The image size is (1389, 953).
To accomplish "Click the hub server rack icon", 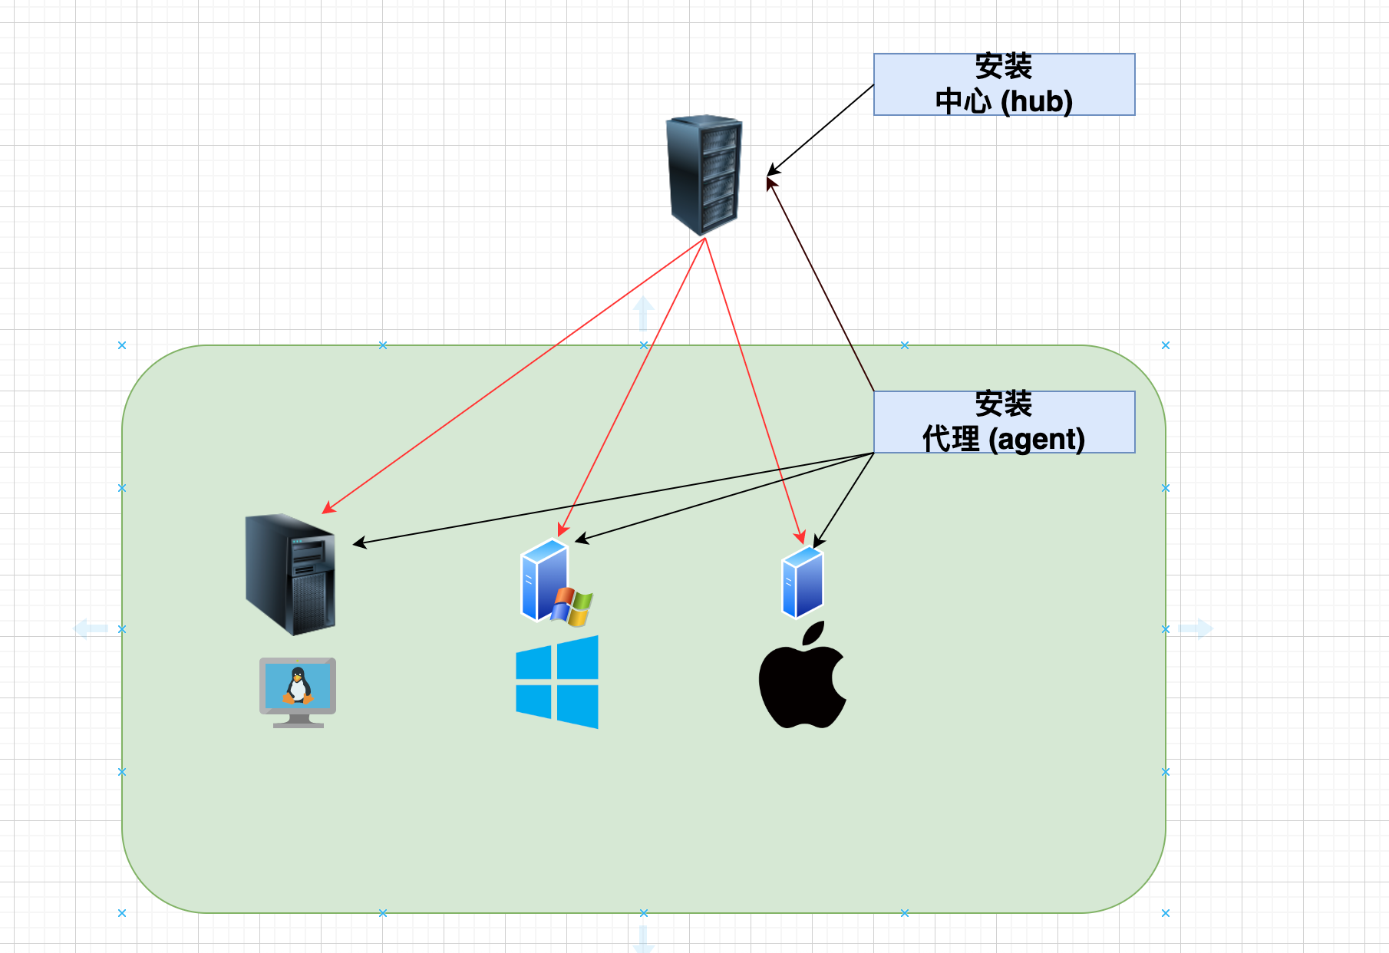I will (x=704, y=175).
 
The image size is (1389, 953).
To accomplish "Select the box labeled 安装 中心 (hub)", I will (x=1004, y=84).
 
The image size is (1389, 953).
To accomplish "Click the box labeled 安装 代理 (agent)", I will (x=1004, y=422).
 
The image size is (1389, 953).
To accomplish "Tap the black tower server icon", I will (x=291, y=574).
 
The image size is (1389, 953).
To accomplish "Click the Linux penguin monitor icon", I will (x=298, y=691).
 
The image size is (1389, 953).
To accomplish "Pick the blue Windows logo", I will (x=557, y=681).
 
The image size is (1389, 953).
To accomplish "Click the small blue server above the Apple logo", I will (x=803, y=582).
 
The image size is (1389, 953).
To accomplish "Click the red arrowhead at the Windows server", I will (x=562, y=530).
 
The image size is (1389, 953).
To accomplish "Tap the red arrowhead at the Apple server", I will (x=801, y=537).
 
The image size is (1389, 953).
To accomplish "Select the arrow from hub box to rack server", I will (x=821, y=129).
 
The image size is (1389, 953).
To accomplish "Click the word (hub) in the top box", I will (x=1037, y=101).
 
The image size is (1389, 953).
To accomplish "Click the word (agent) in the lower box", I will (x=1037, y=440).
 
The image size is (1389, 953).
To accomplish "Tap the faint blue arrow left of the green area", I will (x=90, y=628).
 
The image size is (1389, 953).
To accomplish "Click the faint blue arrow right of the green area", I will (x=1196, y=628).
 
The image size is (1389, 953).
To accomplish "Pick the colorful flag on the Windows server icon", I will (x=572, y=606).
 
